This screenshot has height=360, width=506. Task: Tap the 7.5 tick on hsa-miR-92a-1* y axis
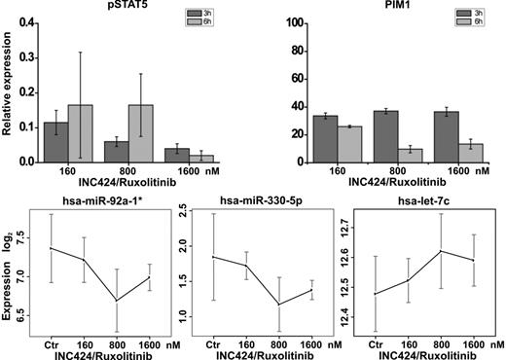pos(32,238)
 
